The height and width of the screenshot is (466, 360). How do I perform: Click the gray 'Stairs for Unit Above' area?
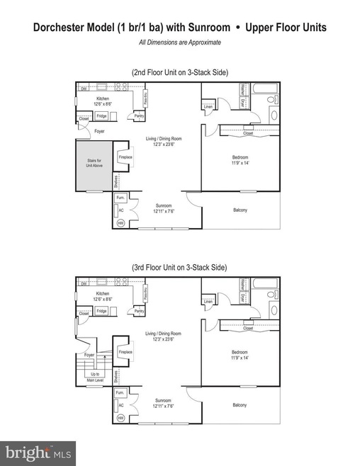[94, 164]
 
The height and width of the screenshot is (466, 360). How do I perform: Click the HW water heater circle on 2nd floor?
[120, 222]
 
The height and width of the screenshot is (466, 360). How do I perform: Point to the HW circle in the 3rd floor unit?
[120, 417]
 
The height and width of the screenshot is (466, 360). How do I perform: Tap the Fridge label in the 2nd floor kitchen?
[102, 115]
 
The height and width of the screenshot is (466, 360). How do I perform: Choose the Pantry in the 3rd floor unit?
[140, 311]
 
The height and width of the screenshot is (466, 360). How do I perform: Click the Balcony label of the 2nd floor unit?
[240, 210]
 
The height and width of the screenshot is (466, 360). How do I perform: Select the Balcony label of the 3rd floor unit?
[240, 405]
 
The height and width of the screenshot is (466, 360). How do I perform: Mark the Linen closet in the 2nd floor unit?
[208, 108]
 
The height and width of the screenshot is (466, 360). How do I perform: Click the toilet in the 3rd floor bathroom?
[274, 309]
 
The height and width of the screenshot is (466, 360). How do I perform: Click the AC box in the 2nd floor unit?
[121, 210]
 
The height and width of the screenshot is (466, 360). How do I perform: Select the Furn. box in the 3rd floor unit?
[120, 392]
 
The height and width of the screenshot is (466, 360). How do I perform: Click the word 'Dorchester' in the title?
[63, 28]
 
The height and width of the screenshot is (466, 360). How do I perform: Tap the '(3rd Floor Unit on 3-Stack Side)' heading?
[179, 268]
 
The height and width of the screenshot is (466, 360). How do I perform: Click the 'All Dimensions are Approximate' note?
[179, 42]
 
